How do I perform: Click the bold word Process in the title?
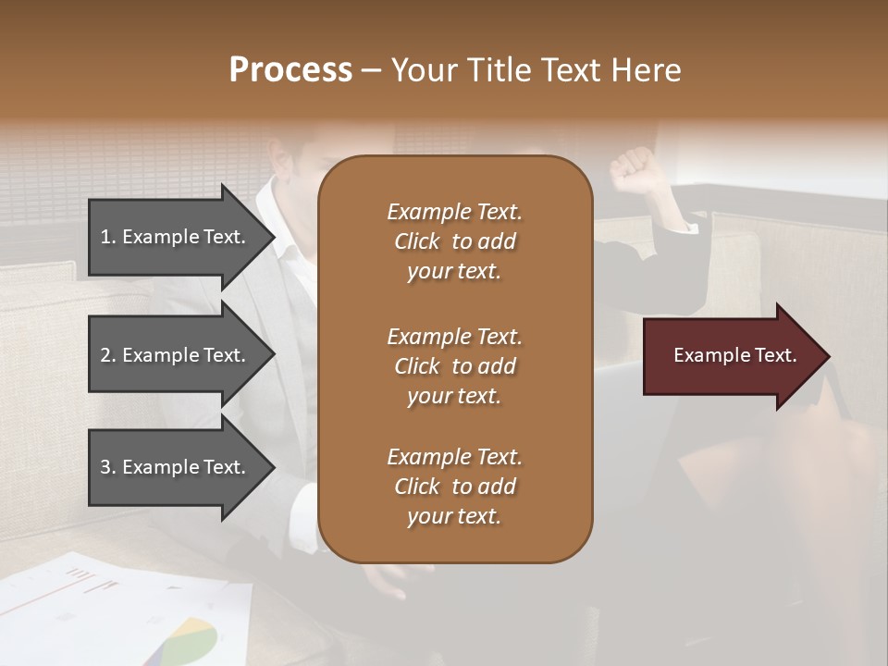[290, 70]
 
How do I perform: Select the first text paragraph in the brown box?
[454, 241]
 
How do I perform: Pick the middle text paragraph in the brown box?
[454, 366]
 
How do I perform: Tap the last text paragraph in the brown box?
[454, 487]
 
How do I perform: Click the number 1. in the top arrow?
[108, 237]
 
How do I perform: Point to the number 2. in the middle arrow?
[108, 355]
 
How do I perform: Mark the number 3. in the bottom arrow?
[108, 467]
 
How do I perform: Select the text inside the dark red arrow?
[734, 355]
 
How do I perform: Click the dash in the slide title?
[372, 71]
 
